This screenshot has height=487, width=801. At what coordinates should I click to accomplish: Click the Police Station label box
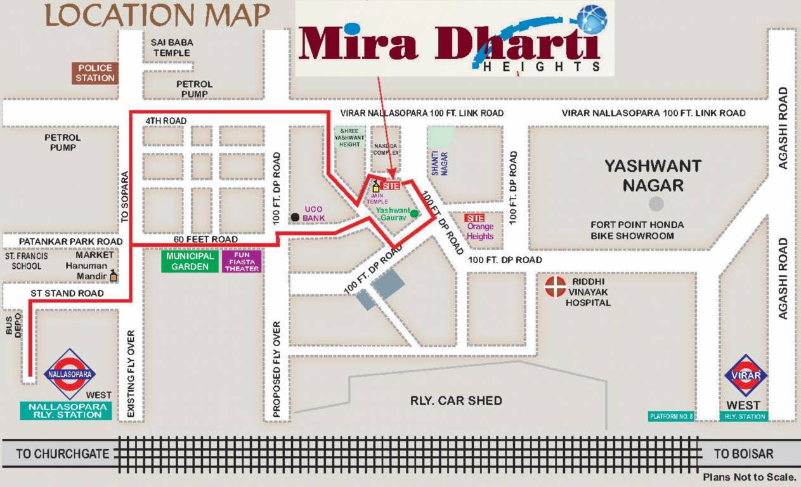(96, 73)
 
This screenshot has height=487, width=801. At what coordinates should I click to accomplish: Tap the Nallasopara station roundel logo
(70, 375)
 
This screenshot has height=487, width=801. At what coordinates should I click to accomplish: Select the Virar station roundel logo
(746, 375)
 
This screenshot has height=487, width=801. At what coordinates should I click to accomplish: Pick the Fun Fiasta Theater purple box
(242, 261)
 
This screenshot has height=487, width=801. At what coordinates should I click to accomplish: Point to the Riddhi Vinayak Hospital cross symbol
(556, 286)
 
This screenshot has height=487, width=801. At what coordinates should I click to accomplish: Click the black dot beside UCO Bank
(295, 218)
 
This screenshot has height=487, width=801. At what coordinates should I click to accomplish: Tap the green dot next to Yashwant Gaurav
(414, 213)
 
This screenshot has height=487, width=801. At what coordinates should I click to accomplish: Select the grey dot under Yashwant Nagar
(656, 204)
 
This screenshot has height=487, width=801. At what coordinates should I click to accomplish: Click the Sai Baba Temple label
(172, 48)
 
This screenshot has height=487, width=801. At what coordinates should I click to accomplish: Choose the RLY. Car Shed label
(456, 400)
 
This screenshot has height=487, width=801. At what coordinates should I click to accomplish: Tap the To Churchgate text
(63, 454)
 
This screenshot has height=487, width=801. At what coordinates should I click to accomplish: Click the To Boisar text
(743, 454)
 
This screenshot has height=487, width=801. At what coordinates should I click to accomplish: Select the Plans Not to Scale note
(748, 477)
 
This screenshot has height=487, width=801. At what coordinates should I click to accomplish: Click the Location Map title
(157, 16)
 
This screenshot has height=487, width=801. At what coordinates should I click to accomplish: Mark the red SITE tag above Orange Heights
(474, 218)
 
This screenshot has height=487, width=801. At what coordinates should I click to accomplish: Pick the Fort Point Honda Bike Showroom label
(637, 230)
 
